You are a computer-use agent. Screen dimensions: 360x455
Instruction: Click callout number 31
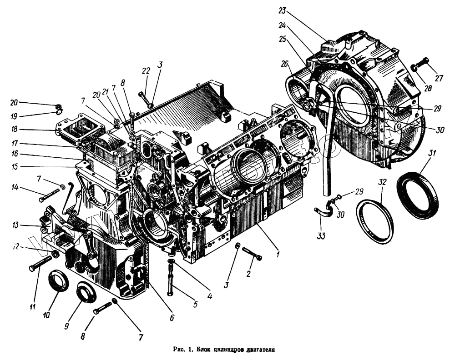click(x=431, y=154)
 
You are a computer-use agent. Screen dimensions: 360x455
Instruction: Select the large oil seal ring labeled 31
click(x=418, y=195)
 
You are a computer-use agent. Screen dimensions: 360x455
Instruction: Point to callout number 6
click(x=172, y=318)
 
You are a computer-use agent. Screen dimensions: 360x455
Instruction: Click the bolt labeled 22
click(x=144, y=97)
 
